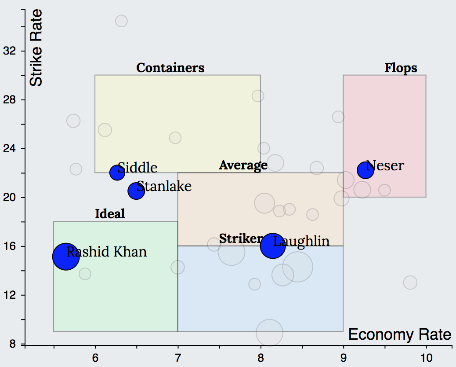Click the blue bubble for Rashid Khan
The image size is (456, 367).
click(x=66, y=257)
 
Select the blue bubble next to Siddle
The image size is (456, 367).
click(x=117, y=172)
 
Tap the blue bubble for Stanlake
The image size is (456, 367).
click(x=136, y=191)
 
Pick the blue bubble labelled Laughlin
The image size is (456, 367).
click(x=273, y=246)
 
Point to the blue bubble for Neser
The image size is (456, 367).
click(x=365, y=170)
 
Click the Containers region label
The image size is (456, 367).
click(x=170, y=68)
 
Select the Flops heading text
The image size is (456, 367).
click(x=401, y=68)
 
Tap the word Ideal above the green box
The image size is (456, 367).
click(x=110, y=214)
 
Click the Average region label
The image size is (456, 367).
click(x=243, y=165)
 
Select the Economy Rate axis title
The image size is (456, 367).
click(x=399, y=334)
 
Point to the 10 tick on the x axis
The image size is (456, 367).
click(x=426, y=358)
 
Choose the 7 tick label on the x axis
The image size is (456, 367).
click(x=178, y=358)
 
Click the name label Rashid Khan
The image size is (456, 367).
click(x=107, y=252)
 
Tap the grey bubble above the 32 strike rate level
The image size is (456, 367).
click(x=121, y=21)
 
